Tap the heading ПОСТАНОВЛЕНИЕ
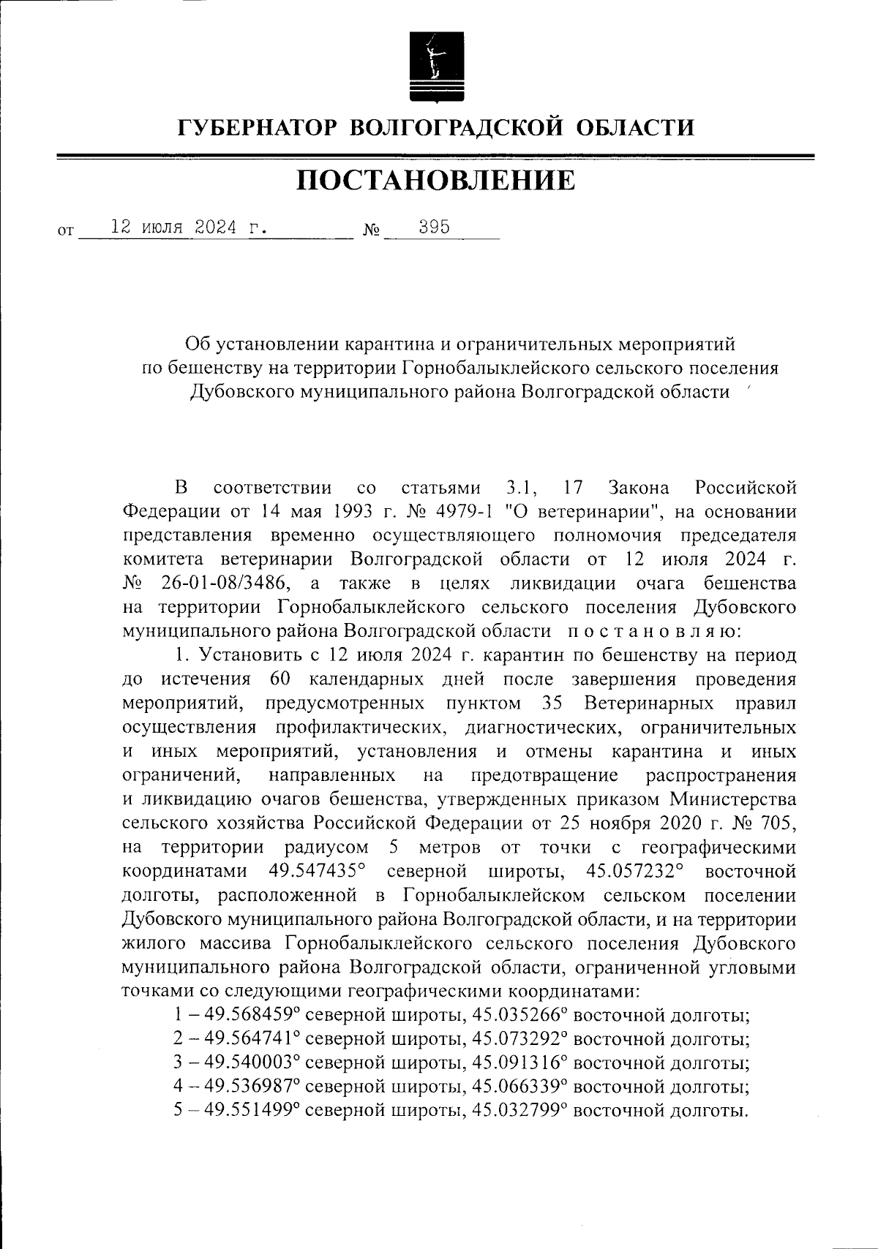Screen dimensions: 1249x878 click(436, 180)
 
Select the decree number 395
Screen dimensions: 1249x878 click(434, 227)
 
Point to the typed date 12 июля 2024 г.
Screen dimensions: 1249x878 click(187, 227)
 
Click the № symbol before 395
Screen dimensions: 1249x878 click(372, 231)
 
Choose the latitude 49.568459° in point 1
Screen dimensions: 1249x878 click(252, 1016)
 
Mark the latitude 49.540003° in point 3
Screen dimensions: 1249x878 click(252, 1063)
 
